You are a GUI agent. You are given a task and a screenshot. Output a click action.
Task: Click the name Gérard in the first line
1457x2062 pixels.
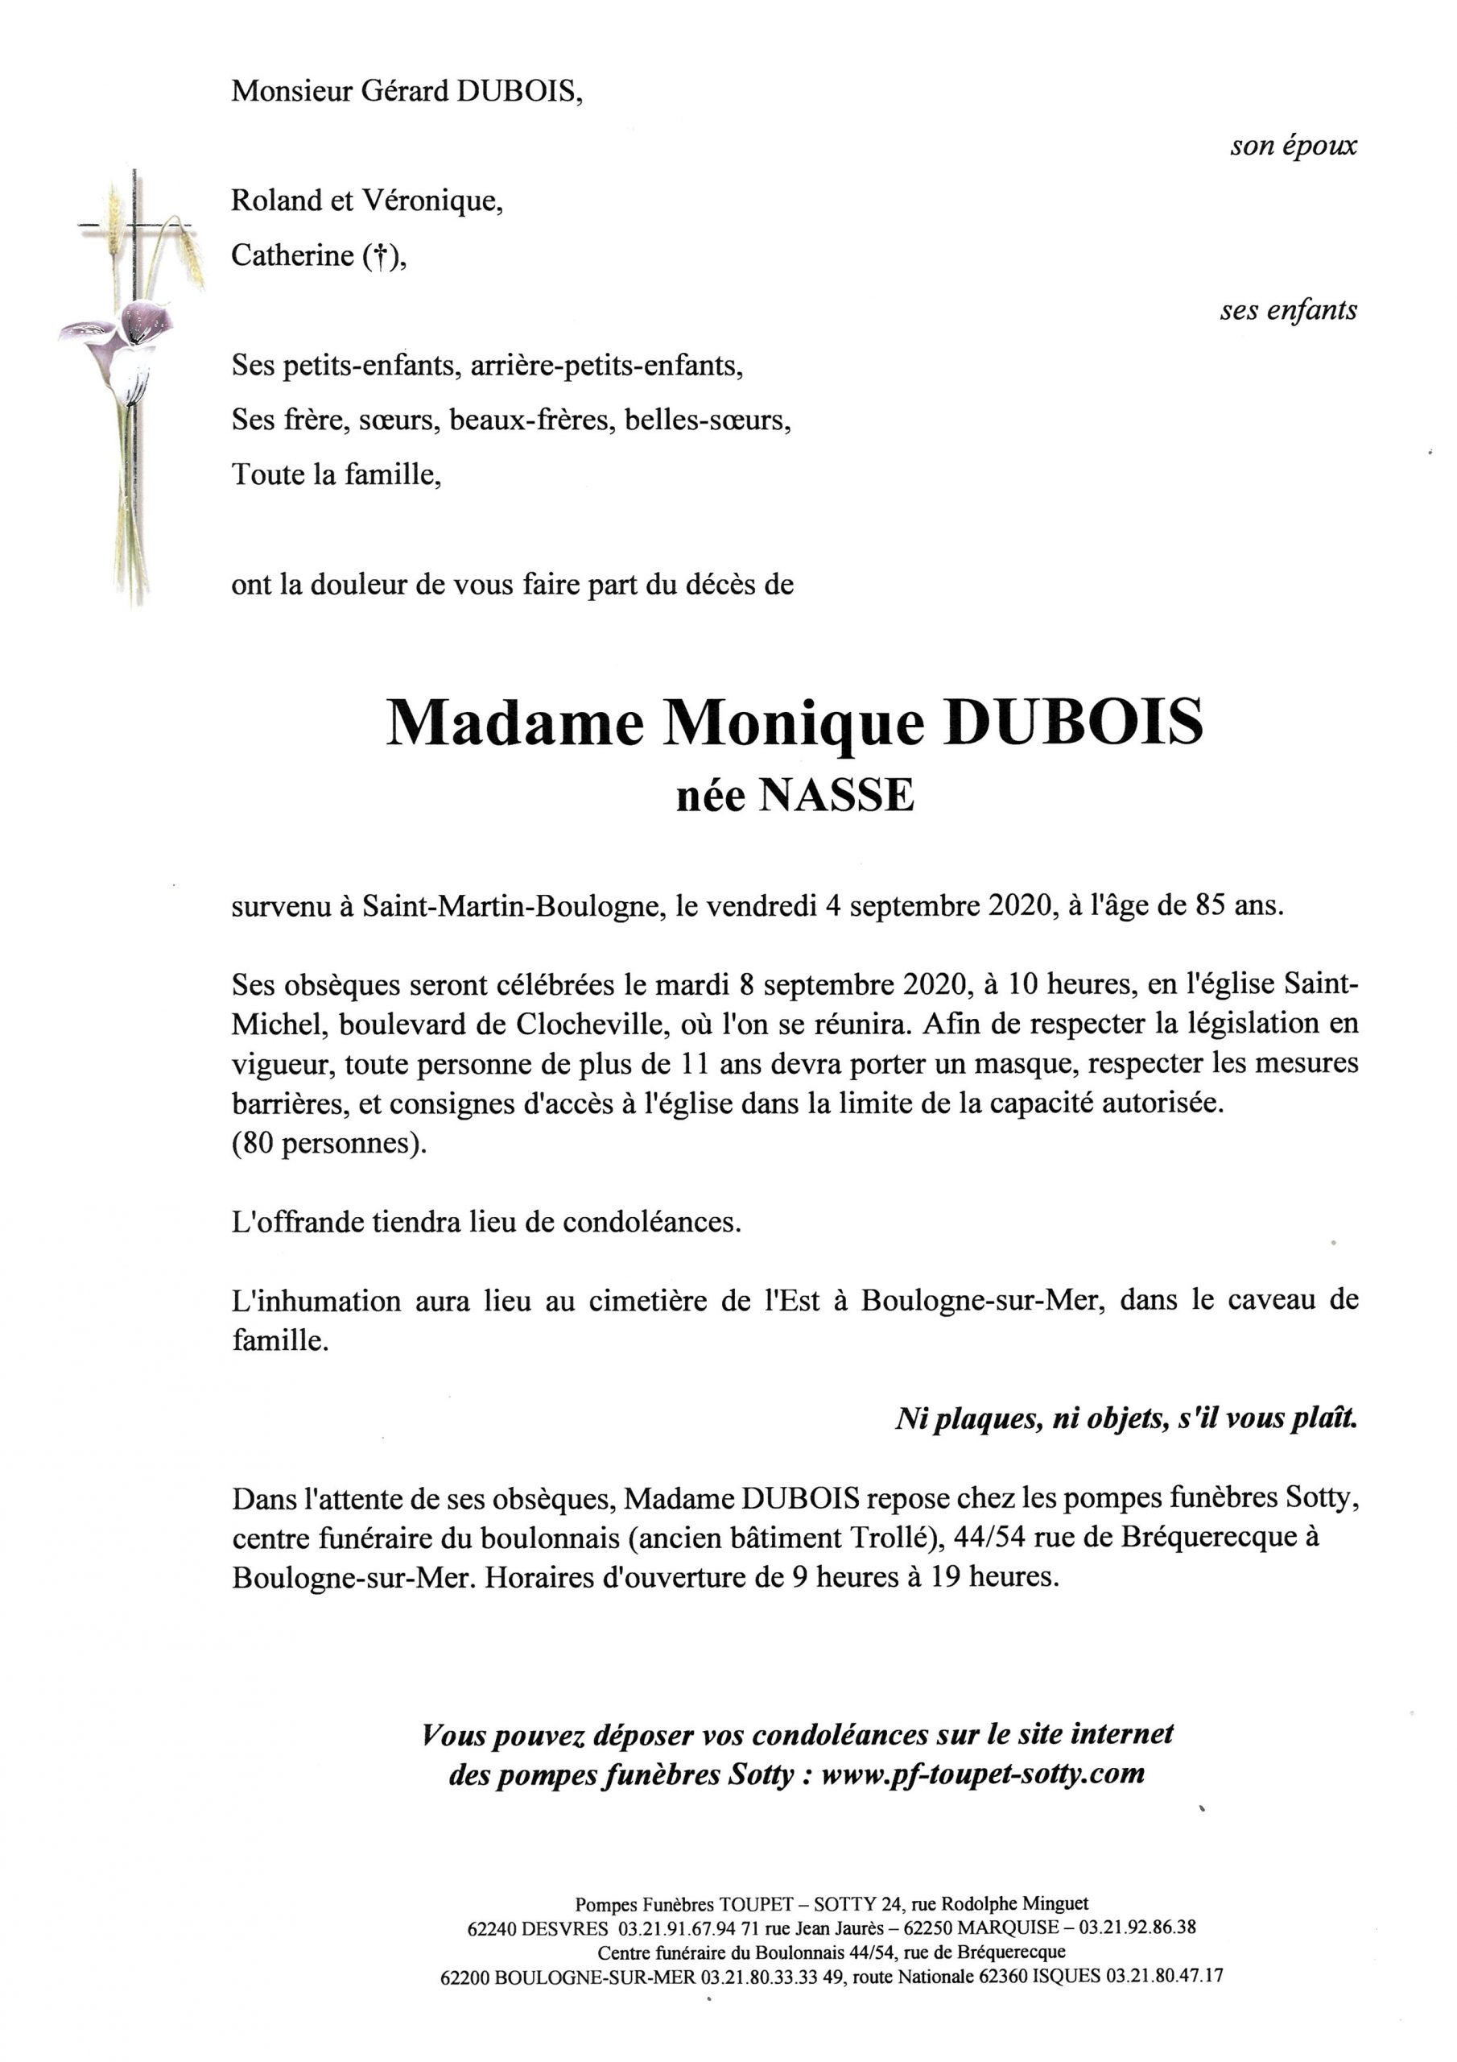click(x=405, y=92)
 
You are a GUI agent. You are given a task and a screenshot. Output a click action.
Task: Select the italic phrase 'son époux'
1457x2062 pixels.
click(x=1293, y=147)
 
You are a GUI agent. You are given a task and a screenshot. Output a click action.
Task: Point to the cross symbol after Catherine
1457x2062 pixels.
click(x=381, y=258)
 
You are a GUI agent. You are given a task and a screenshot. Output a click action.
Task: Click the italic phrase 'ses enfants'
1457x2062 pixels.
click(x=1287, y=311)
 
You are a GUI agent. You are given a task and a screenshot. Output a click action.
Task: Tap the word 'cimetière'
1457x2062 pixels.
click(x=647, y=1302)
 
